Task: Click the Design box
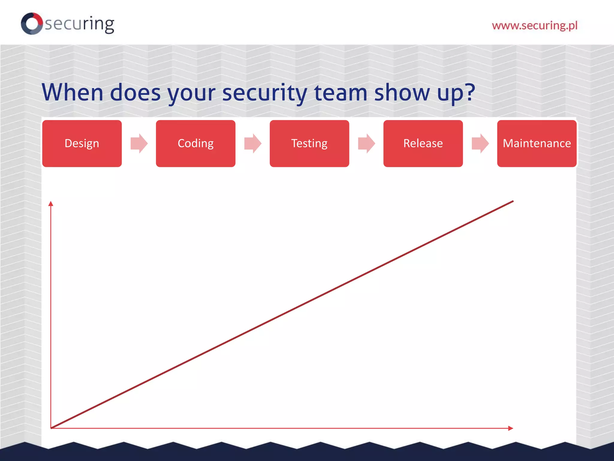click(x=82, y=143)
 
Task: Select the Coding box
click(x=195, y=143)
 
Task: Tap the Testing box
click(x=309, y=143)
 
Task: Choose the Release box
click(x=423, y=143)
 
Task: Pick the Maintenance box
click(x=537, y=143)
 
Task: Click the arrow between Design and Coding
click(x=139, y=143)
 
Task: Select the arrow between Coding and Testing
click(x=252, y=143)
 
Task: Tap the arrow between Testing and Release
click(x=366, y=143)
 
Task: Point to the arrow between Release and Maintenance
click(x=480, y=143)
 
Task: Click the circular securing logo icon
click(x=32, y=23)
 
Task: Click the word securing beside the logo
click(x=79, y=24)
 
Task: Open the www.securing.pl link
click(x=535, y=26)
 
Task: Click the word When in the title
click(x=73, y=92)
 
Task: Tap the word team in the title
click(x=341, y=92)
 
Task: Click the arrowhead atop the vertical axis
click(x=51, y=204)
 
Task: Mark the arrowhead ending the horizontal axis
click(x=511, y=428)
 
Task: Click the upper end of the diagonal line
click(x=513, y=201)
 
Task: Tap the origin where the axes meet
click(x=51, y=428)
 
